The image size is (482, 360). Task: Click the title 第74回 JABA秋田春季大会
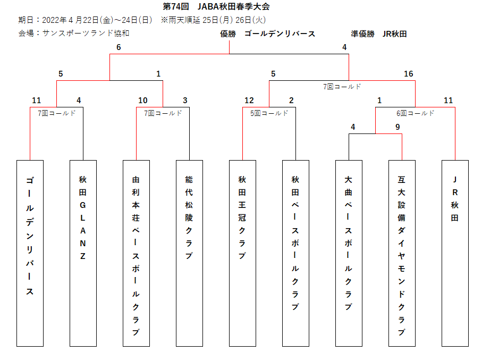(x=216, y=6)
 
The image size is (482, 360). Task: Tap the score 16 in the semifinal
(x=409, y=74)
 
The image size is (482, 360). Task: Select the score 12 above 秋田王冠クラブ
(x=249, y=101)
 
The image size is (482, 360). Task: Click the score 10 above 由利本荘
(x=142, y=101)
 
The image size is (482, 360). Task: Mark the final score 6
(x=119, y=47)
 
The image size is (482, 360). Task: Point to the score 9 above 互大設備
(x=398, y=127)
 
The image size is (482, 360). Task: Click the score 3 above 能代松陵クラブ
(x=185, y=101)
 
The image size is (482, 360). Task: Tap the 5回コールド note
(x=269, y=113)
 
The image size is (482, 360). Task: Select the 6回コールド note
(x=415, y=113)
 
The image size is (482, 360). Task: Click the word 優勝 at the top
(x=228, y=34)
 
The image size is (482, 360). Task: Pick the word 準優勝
(x=363, y=34)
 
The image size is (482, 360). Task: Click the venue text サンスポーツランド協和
(x=86, y=33)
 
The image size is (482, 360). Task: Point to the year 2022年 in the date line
(x=54, y=20)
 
